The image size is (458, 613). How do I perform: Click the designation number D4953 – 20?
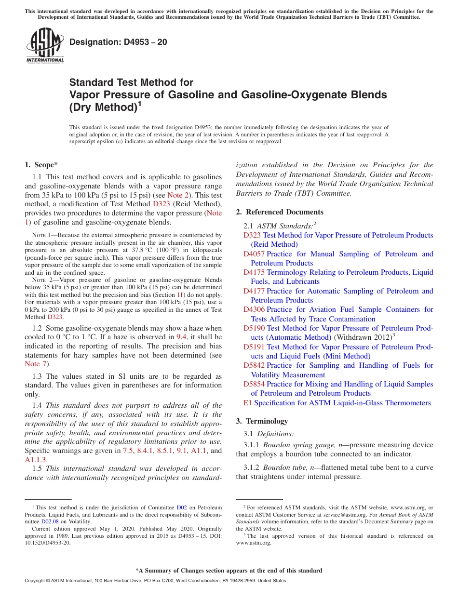coord(118,42)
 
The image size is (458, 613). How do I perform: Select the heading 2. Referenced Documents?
coord(280,212)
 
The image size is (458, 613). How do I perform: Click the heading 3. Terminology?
coord(262,421)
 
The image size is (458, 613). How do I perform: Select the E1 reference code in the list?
coord(248,402)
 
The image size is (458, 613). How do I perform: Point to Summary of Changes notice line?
coord(229,571)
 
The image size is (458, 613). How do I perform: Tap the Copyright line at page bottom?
coord(155,581)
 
